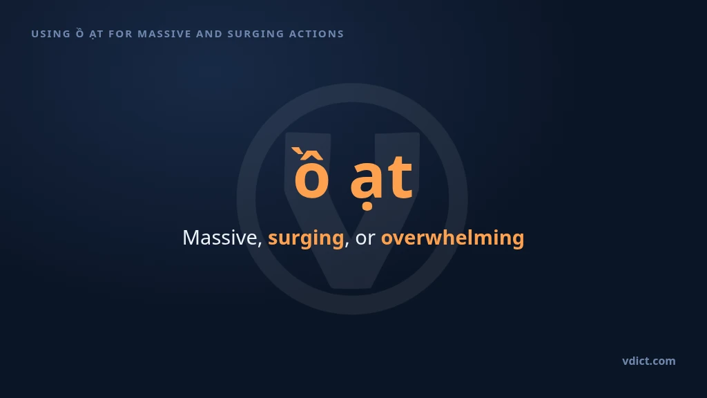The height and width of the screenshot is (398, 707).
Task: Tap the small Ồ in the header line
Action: click(80, 33)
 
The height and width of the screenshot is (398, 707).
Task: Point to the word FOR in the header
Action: click(120, 34)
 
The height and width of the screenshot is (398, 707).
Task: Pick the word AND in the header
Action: click(209, 34)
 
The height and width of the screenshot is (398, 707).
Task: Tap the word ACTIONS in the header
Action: click(316, 34)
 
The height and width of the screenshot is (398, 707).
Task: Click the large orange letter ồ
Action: click(311, 173)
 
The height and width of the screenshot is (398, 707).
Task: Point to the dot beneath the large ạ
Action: click(367, 207)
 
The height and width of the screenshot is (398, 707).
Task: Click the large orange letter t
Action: click(400, 177)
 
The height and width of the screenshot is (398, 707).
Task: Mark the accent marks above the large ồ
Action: click(307, 154)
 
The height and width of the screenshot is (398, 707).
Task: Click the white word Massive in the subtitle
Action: click(220, 238)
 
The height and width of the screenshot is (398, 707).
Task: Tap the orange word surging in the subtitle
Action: click(306, 238)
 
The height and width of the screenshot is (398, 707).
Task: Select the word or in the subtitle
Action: click(365, 239)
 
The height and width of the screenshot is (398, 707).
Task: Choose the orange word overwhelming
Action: click(453, 238)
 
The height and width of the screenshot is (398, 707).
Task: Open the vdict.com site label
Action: click(649, 361)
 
